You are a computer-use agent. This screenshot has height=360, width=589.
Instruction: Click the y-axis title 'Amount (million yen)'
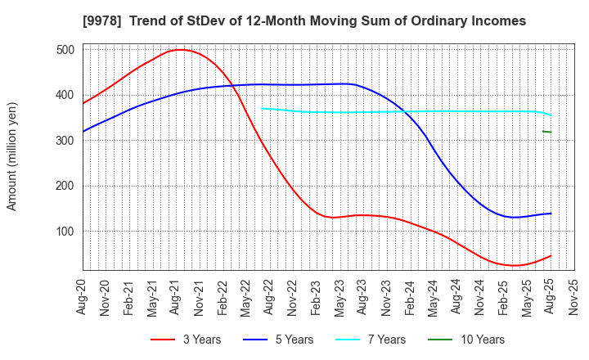click(12, 156)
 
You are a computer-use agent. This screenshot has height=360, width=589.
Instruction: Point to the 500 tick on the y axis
click(66, 50)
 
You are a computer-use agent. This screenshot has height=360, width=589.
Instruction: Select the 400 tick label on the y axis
click(66, 95)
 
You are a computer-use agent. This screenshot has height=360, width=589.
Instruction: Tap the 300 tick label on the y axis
click(66, 141)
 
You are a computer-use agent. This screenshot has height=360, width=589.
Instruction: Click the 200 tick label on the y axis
click(66, 186)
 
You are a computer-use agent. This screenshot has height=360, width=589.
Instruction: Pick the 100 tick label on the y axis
click(66, 232)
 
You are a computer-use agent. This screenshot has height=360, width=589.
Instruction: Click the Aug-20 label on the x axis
click(83, 296)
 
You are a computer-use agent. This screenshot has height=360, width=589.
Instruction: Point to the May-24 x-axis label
click(434, 296)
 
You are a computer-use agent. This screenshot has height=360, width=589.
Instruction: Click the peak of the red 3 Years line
click(180, 50)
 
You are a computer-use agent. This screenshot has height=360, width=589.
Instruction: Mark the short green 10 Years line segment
click(546, 131)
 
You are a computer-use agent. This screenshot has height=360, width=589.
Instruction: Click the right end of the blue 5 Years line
click(551, 214)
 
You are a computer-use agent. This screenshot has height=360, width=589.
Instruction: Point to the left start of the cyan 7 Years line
click(263, 108)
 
